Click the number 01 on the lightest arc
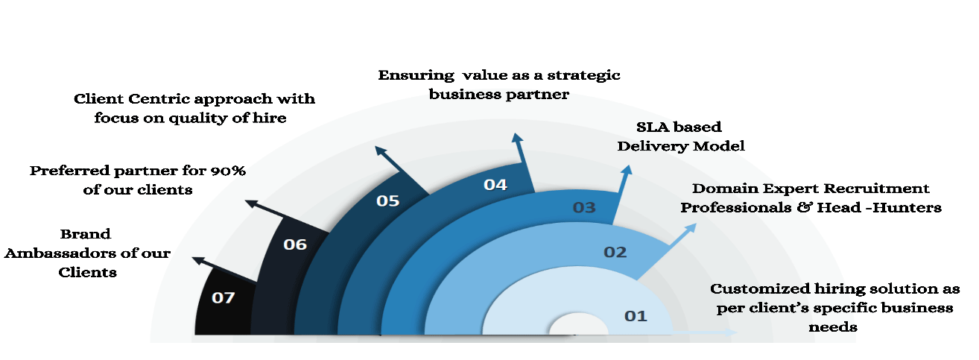(x=636, y=316)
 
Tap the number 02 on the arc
(x=615, y=252)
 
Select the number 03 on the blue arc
(x=584, y=207)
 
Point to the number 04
(x=495, y=185)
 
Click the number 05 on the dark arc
(x=388, y=200)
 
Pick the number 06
(x=295, y=244)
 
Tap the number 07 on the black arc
(x=224, y=298)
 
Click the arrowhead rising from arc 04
(x=517, y=138)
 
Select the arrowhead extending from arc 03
(x=627, y=170)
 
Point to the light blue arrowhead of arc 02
(x=691, y=228)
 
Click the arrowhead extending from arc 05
(x=381, y=151)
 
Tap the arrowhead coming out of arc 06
(x=251, y=203)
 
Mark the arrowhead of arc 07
(x=199, y=261)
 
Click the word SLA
(x=653, y=127)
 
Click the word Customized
(x=760, y=288)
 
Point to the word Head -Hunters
(x=879, y=207)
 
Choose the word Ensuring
(x=416, y=76)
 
